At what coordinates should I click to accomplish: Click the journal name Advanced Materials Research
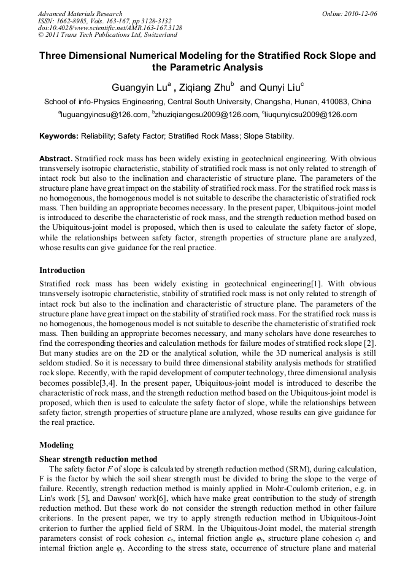click(x=80, y=13)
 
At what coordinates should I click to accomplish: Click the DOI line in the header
click(x=110, y=28)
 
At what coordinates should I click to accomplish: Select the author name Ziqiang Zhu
click(x=204, y=87)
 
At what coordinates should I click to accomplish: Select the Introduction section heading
click(x=62, y=270)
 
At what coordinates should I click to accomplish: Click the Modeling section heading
click(x=56, y=445)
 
